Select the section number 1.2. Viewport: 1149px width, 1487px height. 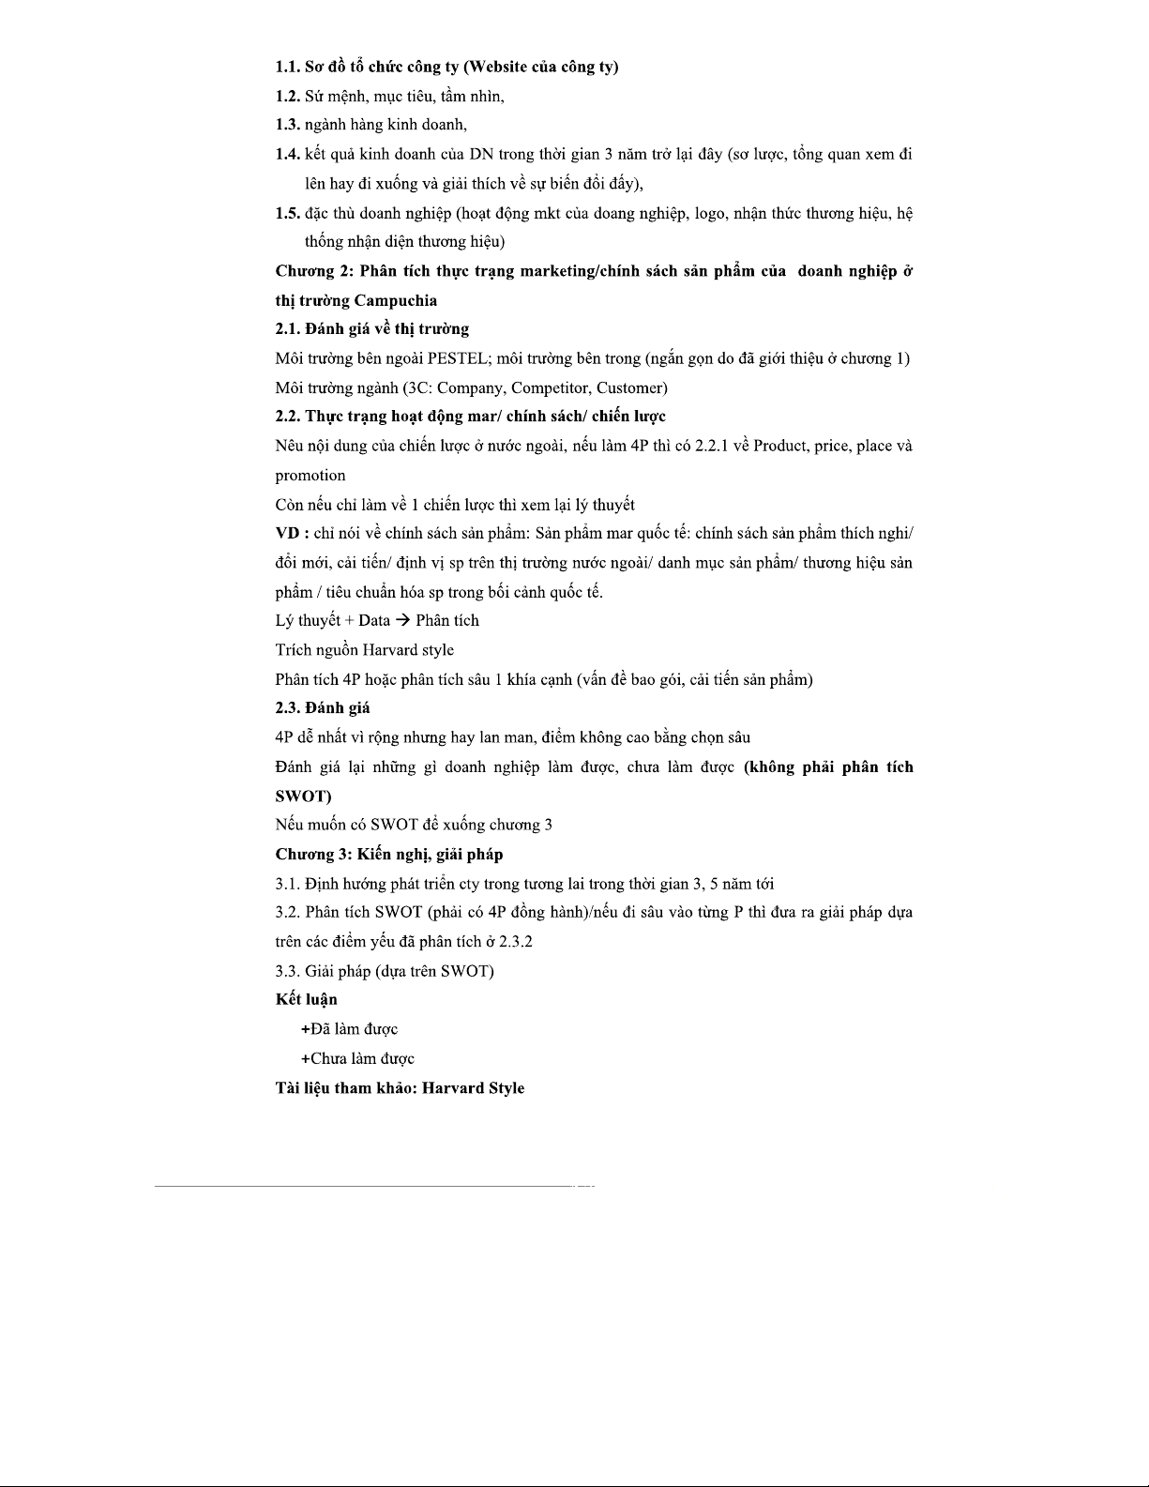point(287,96)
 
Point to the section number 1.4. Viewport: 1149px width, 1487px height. point(287,154)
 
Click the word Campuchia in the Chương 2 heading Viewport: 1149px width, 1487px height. point(396,300)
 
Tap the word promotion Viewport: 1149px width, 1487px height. point(310,475)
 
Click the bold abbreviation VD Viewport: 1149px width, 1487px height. point(287,534)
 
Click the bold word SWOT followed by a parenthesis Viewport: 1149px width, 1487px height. point(301,797)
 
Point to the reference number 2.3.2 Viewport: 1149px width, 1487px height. point(515,942)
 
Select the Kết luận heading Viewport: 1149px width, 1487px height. point(307,1000)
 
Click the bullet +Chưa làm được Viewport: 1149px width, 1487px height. point(357,1059)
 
